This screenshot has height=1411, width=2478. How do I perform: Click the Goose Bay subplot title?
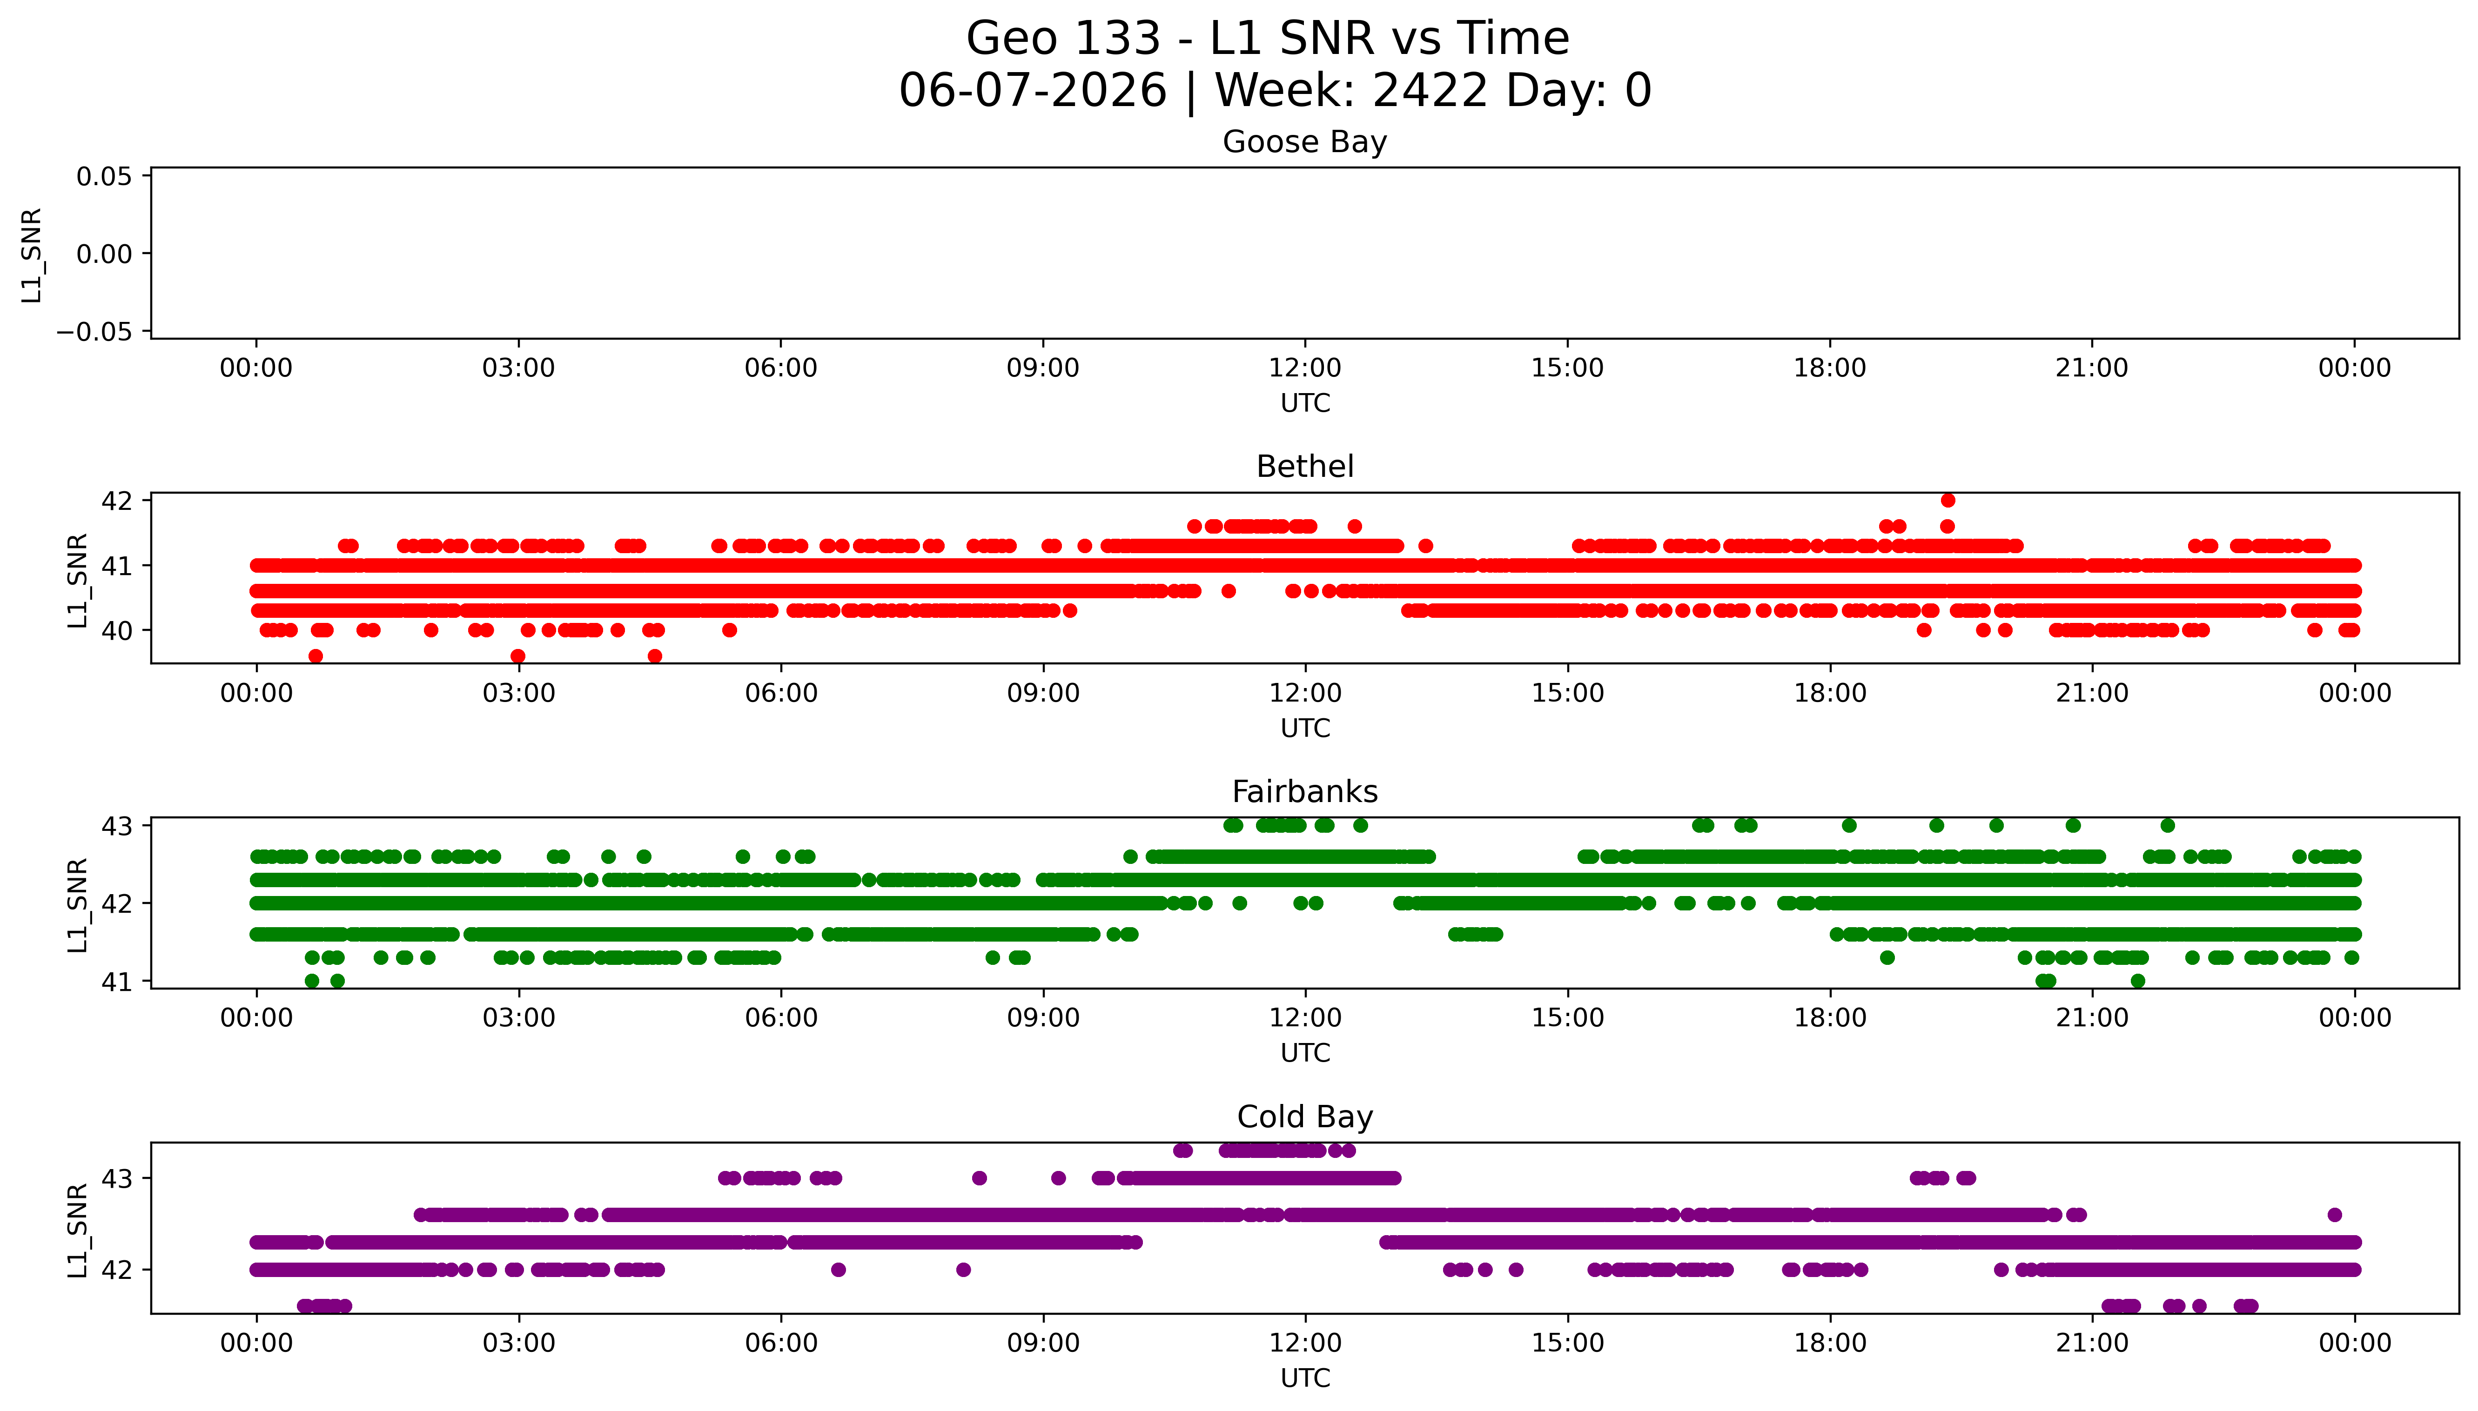pyautogui.click(x=1304, y=142)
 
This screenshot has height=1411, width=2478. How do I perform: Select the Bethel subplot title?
pyautogui.click(x=1304, y=467)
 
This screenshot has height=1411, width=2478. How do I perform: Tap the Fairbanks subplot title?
pyautogui.click(x=1304, y=792)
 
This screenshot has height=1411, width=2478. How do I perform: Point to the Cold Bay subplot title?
pyautogui.click(x=1304, y=1117)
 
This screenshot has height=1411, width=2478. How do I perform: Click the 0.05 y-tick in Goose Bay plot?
pyautogui.click(x=105, y=176)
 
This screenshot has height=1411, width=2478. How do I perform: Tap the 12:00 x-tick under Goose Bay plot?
pyautogui.click(x=1304, y=368)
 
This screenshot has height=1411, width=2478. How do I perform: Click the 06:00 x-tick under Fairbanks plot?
pyautogui.click(x=780, y=1018)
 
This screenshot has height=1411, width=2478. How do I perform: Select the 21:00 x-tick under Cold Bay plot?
pyautogui.click(x=2091, y=1343)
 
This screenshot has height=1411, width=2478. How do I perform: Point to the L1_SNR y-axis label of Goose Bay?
pyautogui.click(x=32, y=255)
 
